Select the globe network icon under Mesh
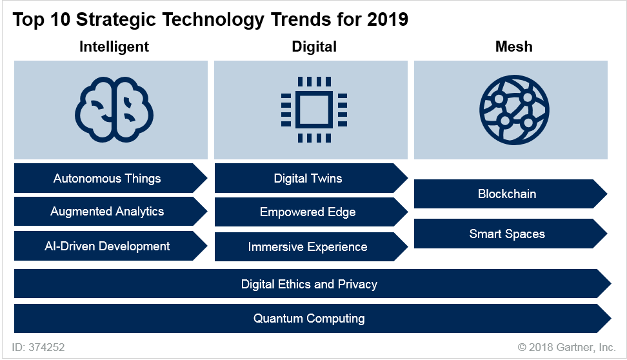(514, 108)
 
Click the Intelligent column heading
(114, 46)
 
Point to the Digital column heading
(314, 46)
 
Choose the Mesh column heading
(513, 46)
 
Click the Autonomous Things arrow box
(107, 178)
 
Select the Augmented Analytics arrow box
(107, 212)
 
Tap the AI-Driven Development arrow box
(107, 246)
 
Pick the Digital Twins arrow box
(308, 178)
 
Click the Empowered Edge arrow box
(308, 212)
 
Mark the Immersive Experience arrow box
(308, 246)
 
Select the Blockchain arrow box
(507, 194)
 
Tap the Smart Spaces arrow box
(507, 234)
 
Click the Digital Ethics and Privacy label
(309, 284)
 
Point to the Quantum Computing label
(309, 318)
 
